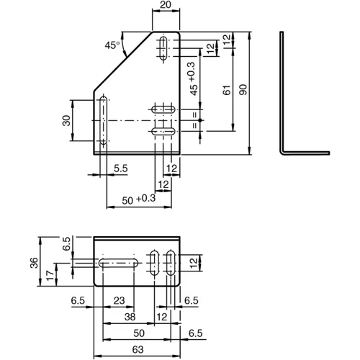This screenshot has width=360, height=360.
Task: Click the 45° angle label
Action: pos(112,45)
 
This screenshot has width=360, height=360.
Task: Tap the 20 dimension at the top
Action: pos(166,4)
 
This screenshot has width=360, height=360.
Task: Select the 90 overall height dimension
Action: pos(243,89)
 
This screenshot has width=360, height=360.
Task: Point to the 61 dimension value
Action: pos(227,90)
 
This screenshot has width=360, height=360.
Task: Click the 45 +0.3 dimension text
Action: pos(194,78)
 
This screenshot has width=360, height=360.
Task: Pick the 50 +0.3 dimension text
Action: pos(139,199)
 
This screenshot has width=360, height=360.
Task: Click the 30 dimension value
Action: pos(66,120)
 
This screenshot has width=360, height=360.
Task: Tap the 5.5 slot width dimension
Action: pos(121,168)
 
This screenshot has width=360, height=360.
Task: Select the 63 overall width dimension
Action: pos(138,349)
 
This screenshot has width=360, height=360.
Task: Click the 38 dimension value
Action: pos(130,317)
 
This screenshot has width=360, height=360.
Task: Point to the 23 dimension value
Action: pos(120,300)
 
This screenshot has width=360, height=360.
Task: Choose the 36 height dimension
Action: pos(34,263)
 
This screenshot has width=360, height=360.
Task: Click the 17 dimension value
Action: pos(50,276)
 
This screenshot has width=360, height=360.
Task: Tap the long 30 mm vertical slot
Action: pos(104,120)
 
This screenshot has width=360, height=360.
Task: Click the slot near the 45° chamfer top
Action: pos(164,48)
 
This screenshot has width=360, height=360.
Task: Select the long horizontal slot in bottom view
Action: pos(119,264)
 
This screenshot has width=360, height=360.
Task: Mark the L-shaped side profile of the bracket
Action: pos(282,96)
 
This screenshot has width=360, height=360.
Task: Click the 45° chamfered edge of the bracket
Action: pos(123,61)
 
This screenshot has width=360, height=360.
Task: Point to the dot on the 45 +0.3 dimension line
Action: pos(200,120)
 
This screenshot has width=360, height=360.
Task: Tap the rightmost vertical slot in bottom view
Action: pos(171,263)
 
